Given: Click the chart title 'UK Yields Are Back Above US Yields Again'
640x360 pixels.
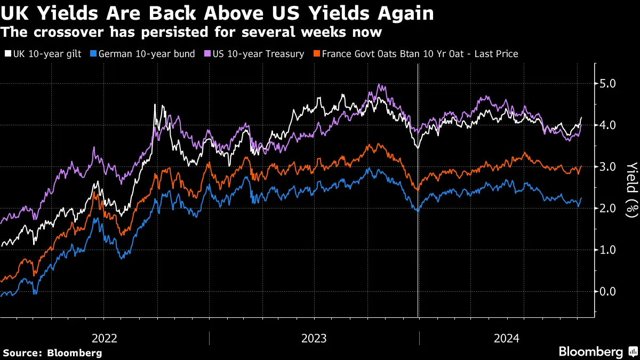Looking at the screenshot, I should point(217,13).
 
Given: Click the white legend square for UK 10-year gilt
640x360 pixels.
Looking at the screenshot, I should point(7,54).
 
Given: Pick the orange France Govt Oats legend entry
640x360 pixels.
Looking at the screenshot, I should point(420,54).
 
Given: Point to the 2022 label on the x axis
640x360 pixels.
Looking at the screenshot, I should point(105,338).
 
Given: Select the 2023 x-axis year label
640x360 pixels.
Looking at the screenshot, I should point(314,338).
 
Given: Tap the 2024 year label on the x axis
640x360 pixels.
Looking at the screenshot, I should point(507,338).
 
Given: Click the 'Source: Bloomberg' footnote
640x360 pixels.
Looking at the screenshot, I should point(52,353).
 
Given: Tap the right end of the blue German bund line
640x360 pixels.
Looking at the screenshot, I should point(581,198).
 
